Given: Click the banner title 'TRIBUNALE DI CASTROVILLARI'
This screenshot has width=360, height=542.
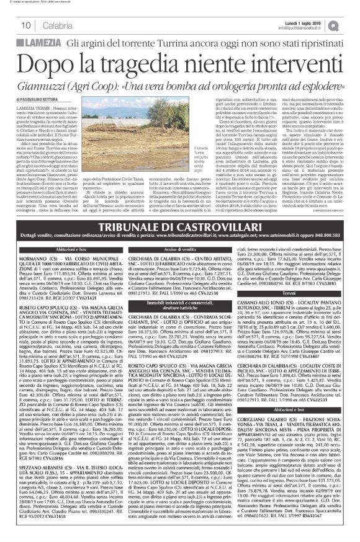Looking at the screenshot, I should click(179, 244).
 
